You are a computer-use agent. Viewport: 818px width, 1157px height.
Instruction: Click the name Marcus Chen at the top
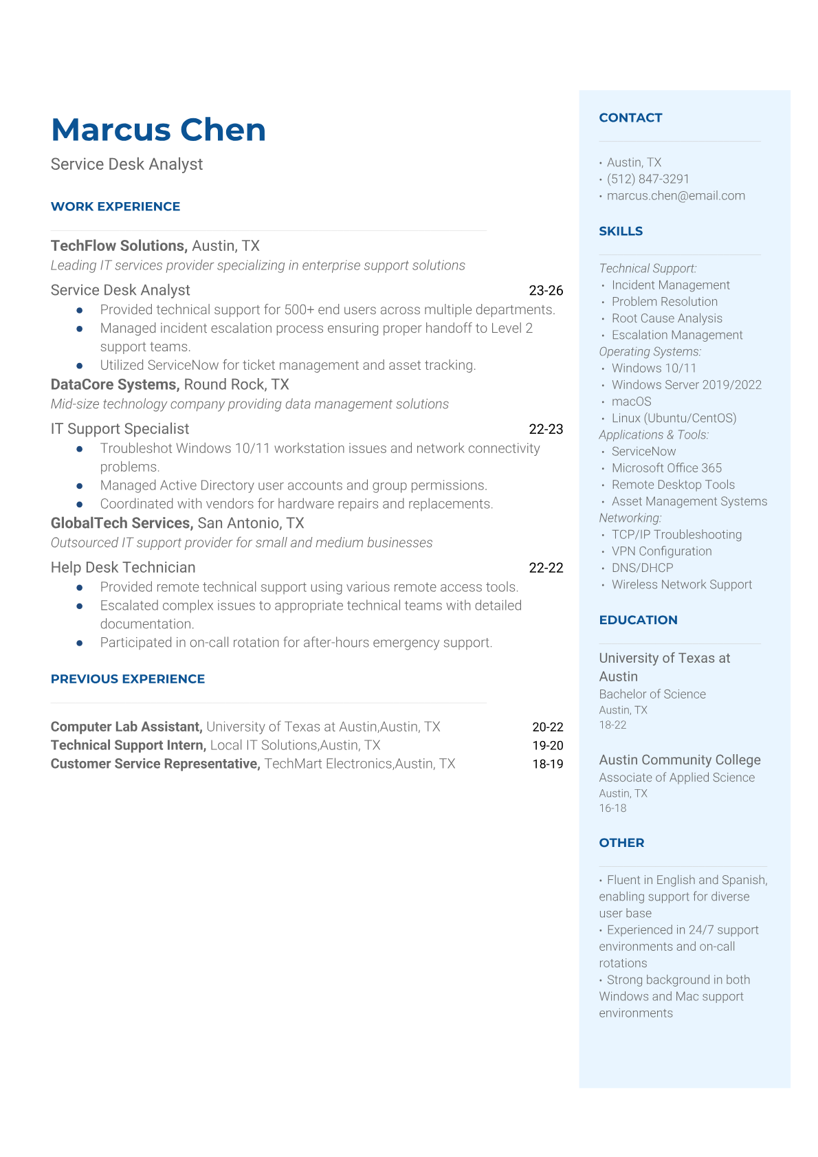tap(158, 130)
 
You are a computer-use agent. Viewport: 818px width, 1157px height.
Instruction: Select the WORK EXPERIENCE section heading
tap(115, 207)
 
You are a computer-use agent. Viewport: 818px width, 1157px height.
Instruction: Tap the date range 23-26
tap(546, 291)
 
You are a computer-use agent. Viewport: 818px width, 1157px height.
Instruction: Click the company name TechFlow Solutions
tap(118, 246)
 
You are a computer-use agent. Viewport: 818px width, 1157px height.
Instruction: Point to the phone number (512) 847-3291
tap(648, 179)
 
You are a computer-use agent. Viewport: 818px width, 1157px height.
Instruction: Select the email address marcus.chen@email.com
tap(676, 196)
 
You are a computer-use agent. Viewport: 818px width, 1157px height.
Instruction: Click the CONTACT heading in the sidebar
tap(630, 118)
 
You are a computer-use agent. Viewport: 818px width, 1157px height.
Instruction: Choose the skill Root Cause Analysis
tap(667, 318)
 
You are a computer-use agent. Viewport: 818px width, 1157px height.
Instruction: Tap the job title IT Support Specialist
tap(120, 429)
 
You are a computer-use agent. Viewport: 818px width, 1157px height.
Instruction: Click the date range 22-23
tap(546, 430)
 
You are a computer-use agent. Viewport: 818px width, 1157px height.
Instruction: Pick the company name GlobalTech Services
tap(122, 523)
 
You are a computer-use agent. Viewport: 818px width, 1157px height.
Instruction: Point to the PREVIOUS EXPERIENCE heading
tap(128, 679)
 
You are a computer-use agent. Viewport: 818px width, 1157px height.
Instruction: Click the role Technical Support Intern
tap(129, 745)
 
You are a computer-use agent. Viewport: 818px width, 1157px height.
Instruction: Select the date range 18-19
tap(548, 764)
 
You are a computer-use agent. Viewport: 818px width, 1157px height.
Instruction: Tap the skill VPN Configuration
tap(661, 551)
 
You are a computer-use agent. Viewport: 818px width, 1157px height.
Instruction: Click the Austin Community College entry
tap(680, 760)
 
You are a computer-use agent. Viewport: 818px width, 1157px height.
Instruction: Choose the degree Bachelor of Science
tap(652, 694)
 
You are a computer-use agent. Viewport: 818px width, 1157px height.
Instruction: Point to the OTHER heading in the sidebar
tap(621, 843)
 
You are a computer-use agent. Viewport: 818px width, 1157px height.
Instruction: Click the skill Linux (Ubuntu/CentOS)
tap(674, 419)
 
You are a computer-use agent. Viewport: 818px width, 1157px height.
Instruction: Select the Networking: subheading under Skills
tap(630, 518)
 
